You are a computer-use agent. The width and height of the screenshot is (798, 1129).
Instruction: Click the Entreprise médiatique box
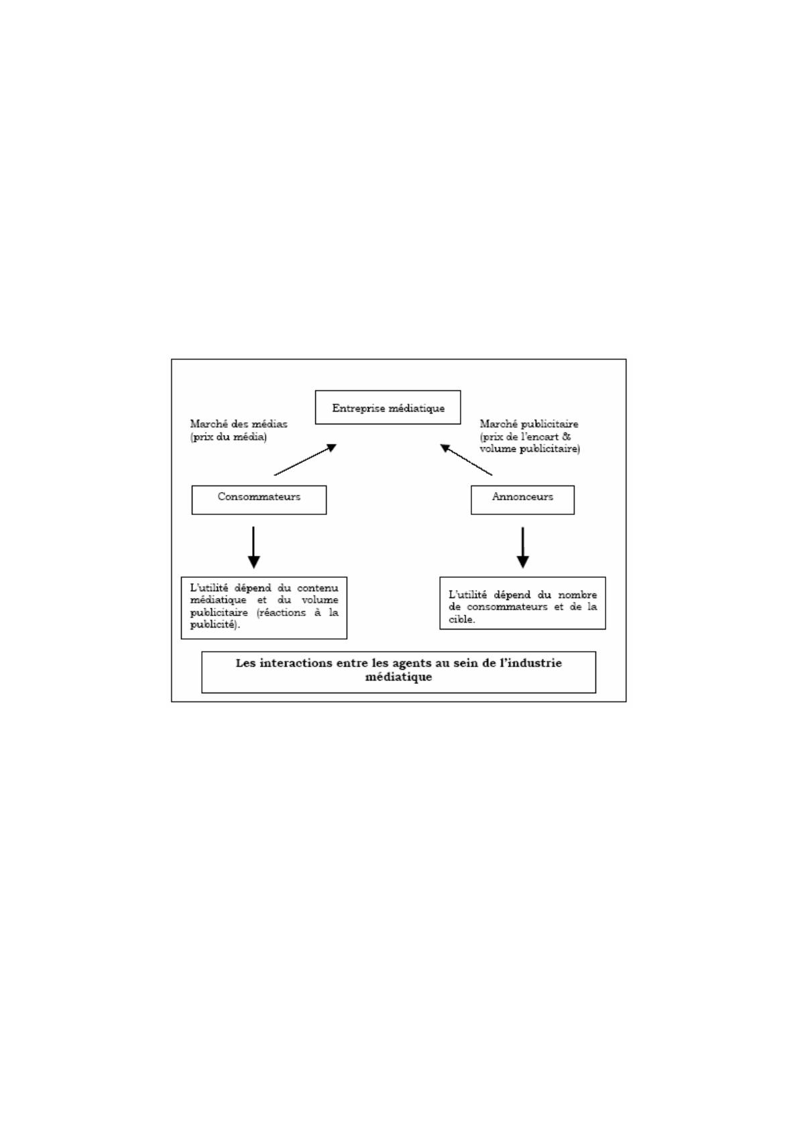(x=388, y=407)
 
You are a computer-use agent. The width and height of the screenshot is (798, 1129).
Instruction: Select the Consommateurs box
(x=259, y=500)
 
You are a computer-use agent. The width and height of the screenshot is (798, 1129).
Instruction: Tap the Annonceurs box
(x=522, y=500)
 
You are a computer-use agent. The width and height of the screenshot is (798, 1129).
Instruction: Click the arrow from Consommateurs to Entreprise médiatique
(x=306, y=459)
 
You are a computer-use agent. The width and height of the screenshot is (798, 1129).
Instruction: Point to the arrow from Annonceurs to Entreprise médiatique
(x=466, y=459)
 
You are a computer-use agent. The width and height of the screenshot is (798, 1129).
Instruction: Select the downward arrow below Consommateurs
(x=253, y=547)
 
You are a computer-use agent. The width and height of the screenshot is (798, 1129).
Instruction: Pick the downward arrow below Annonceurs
(x=523, y=547)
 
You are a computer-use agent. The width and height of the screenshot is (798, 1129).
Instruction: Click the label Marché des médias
(x=239, y=424)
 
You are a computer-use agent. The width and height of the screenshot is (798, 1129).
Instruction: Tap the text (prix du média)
(x=229, y=436)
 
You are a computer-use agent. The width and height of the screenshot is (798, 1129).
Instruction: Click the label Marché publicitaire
(x=529, y=424)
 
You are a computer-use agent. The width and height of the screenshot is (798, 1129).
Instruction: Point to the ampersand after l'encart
(x=566, y=436)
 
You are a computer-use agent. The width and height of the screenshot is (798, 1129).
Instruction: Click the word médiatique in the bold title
(x=398, y=677)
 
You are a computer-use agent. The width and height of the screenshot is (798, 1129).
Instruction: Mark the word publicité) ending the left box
(x=215, y=624)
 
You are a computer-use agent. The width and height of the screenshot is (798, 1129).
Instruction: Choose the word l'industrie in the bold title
(x=530, y=663)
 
